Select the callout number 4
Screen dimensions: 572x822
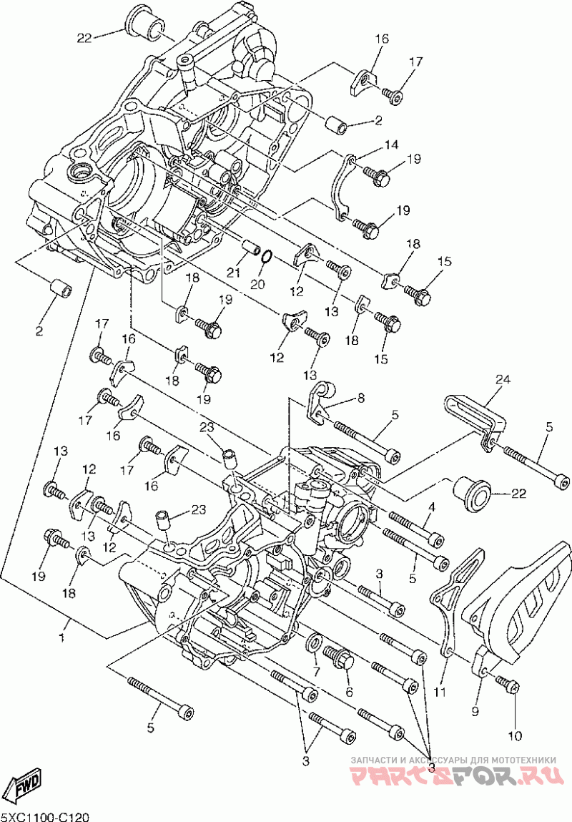click(x=432, y=507)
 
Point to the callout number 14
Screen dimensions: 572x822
click(x=391, y=145)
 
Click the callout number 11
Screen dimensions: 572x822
click(x=440, y=693)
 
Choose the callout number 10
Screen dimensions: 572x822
click(x=516, y=736)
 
